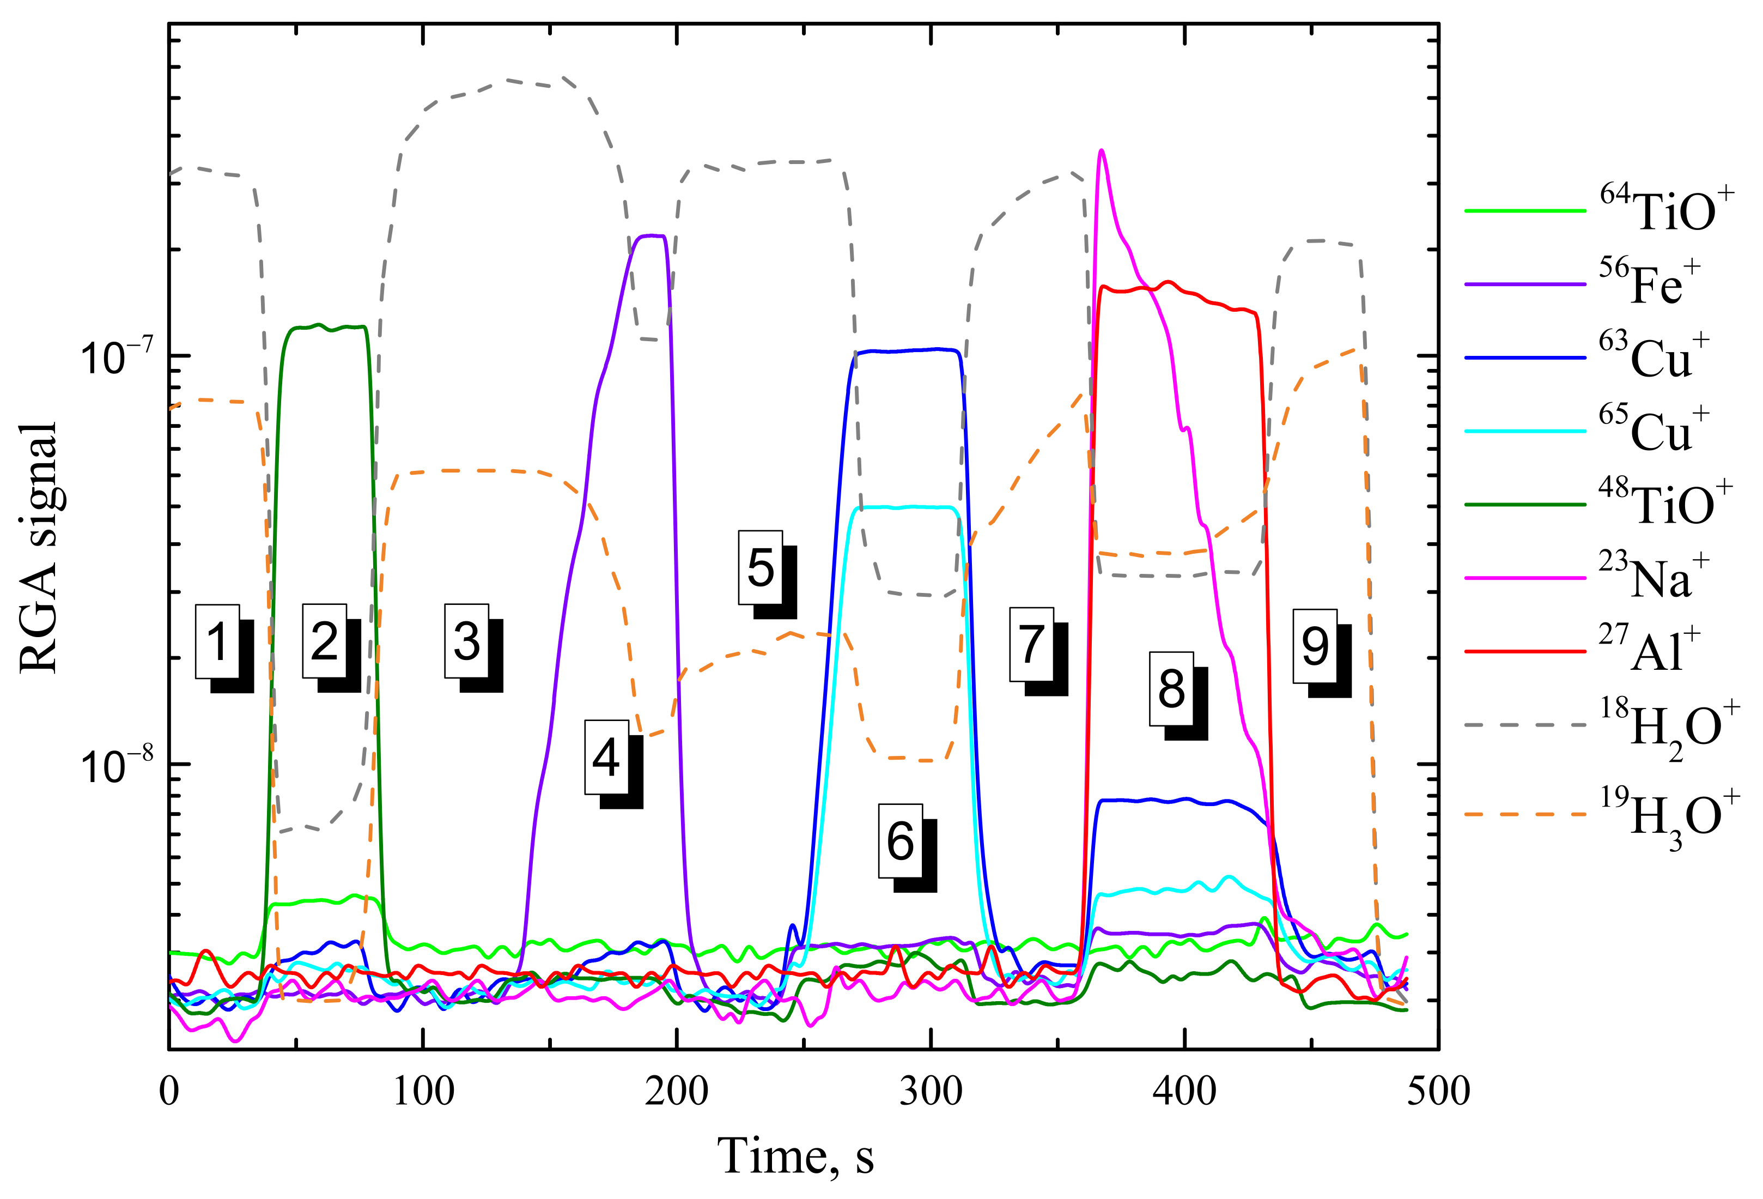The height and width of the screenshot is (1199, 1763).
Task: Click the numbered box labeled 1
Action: [218, 641]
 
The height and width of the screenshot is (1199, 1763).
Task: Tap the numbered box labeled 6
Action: [901, 841]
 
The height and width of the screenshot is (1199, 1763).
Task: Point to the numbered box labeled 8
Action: [1171, 689]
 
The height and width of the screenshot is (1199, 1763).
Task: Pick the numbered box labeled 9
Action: [1315, 646]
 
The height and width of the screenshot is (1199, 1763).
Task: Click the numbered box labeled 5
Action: [760, 568]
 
